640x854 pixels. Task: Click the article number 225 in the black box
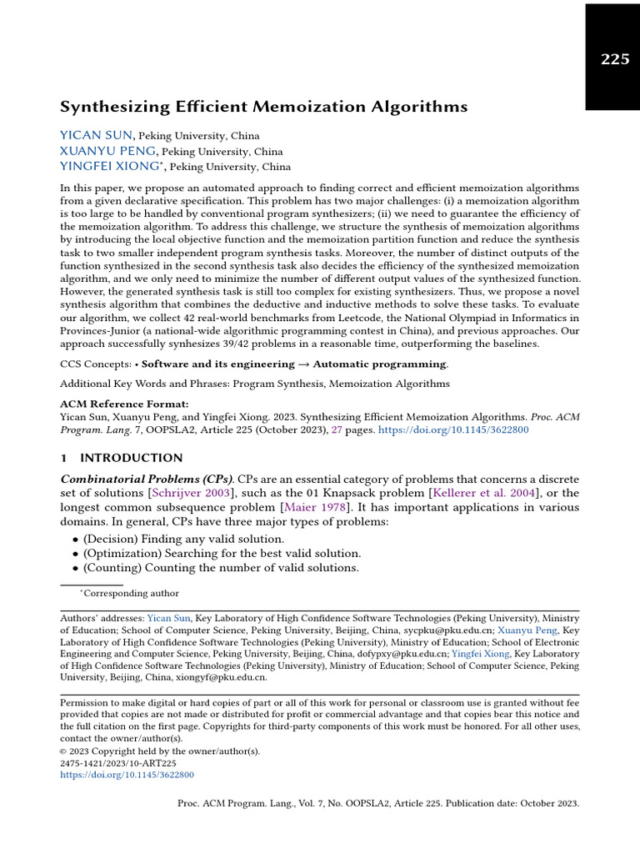click(x=615, y=59)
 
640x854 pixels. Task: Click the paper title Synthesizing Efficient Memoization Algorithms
click(x=263, y=107)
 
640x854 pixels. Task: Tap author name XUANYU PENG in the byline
click(x=107, y=151)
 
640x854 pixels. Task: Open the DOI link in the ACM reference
click(x=453, y=430)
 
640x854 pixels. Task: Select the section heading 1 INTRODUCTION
click(x=122, y=458)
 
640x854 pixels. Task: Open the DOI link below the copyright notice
click(x=127, y=775)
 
